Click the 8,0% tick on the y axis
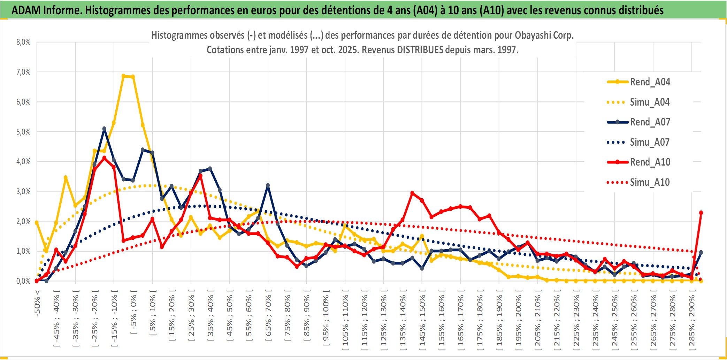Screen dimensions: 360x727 coord(23,42)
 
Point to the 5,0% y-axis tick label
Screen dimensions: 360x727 coord(23,132)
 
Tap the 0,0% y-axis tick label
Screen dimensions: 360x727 coord(23,281)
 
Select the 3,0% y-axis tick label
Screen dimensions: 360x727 coord(23,191)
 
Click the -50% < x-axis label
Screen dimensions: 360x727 coord(37,303)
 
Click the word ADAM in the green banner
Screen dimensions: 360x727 coord(26,10)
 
